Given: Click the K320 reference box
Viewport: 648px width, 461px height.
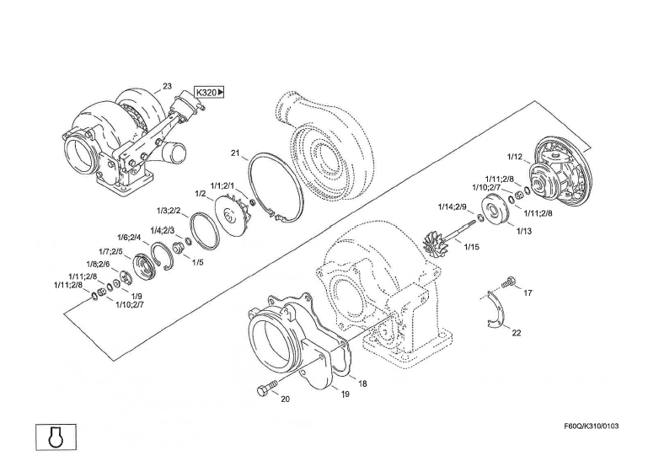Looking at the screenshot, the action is (210, 92).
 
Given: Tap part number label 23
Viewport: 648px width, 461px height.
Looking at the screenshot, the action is (167, 86).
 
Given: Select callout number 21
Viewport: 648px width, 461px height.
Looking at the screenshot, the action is (235, 153).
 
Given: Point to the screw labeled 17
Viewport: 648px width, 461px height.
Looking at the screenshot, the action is (508, 282).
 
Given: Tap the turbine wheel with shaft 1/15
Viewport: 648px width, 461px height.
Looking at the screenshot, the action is (448, 239).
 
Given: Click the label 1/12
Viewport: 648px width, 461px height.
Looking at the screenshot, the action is (515, 157).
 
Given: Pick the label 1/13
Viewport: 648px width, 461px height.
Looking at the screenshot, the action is (524, 231).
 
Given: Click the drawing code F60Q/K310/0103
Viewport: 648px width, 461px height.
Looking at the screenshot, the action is (592, 426).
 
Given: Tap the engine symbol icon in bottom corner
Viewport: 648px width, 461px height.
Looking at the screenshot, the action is (56, 437).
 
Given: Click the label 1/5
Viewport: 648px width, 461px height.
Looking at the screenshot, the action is (198, 262).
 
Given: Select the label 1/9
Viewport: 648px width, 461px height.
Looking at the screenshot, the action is (137, 296).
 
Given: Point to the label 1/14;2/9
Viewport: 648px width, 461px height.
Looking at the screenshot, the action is (453, 206).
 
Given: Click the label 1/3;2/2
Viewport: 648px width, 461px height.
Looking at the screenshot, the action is (169, 211).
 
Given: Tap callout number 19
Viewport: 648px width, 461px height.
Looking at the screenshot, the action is (345, 394).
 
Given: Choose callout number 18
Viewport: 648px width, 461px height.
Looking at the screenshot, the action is (362, 383).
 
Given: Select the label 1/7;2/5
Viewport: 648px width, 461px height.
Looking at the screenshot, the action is (110, 251).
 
